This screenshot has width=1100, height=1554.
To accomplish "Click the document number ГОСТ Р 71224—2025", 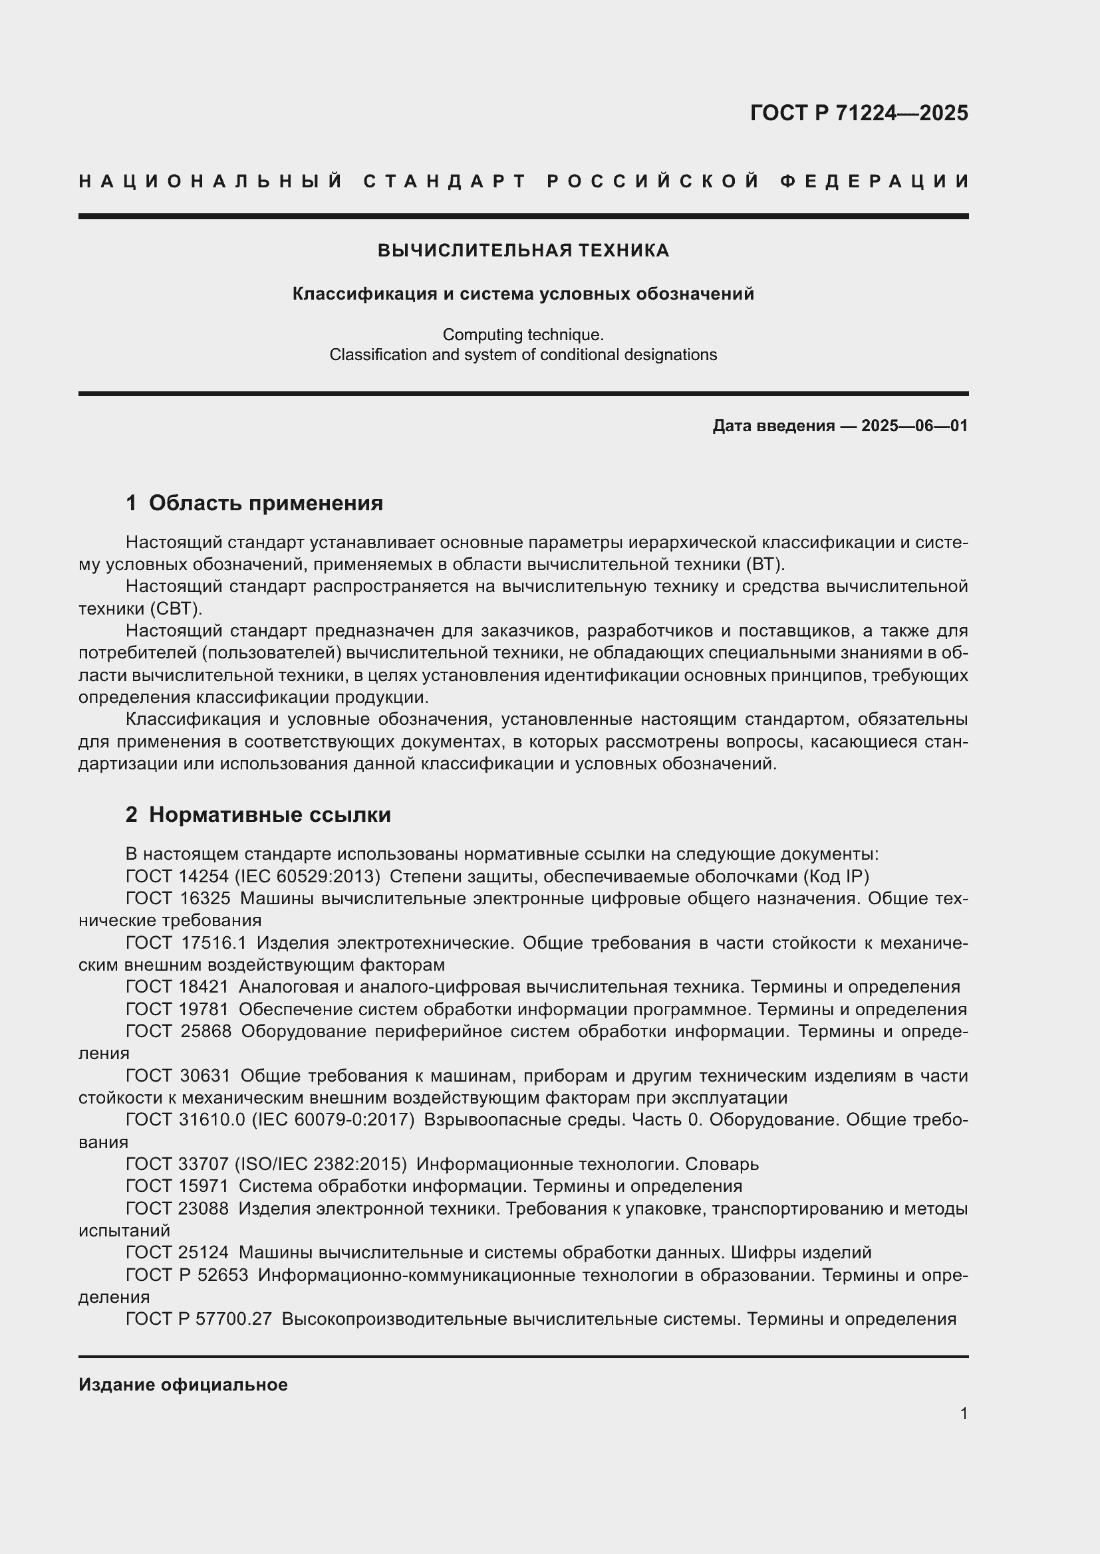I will point(858,113).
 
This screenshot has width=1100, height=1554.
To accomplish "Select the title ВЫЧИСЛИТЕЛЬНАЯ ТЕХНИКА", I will point(523,250).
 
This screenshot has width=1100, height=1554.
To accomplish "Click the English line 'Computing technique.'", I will point(523,334).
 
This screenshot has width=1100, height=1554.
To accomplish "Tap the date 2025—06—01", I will point(914,426).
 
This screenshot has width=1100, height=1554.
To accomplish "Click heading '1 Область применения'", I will point(254,503).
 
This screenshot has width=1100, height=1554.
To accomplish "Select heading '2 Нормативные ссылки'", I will point(258,815).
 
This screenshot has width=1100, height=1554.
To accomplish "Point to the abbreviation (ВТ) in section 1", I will point(763,565).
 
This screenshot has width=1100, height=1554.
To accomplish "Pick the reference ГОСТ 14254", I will point(178,876).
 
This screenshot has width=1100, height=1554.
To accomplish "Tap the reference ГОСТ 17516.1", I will point(186,943).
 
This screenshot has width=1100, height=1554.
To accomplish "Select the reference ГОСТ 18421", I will point(178,987).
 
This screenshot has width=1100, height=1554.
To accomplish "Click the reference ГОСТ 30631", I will point(178,1076).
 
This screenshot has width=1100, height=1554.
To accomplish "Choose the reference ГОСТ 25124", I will point(178,1253).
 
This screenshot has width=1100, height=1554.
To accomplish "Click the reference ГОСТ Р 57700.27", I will point(198,1319).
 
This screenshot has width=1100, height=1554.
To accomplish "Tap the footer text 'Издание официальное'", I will point(183,1385).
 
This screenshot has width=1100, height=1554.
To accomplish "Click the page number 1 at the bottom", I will point(963,1414).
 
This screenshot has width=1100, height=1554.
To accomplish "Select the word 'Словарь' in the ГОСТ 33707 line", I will point(722,1164).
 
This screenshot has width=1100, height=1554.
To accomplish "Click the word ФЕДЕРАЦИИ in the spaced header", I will point(875,181).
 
